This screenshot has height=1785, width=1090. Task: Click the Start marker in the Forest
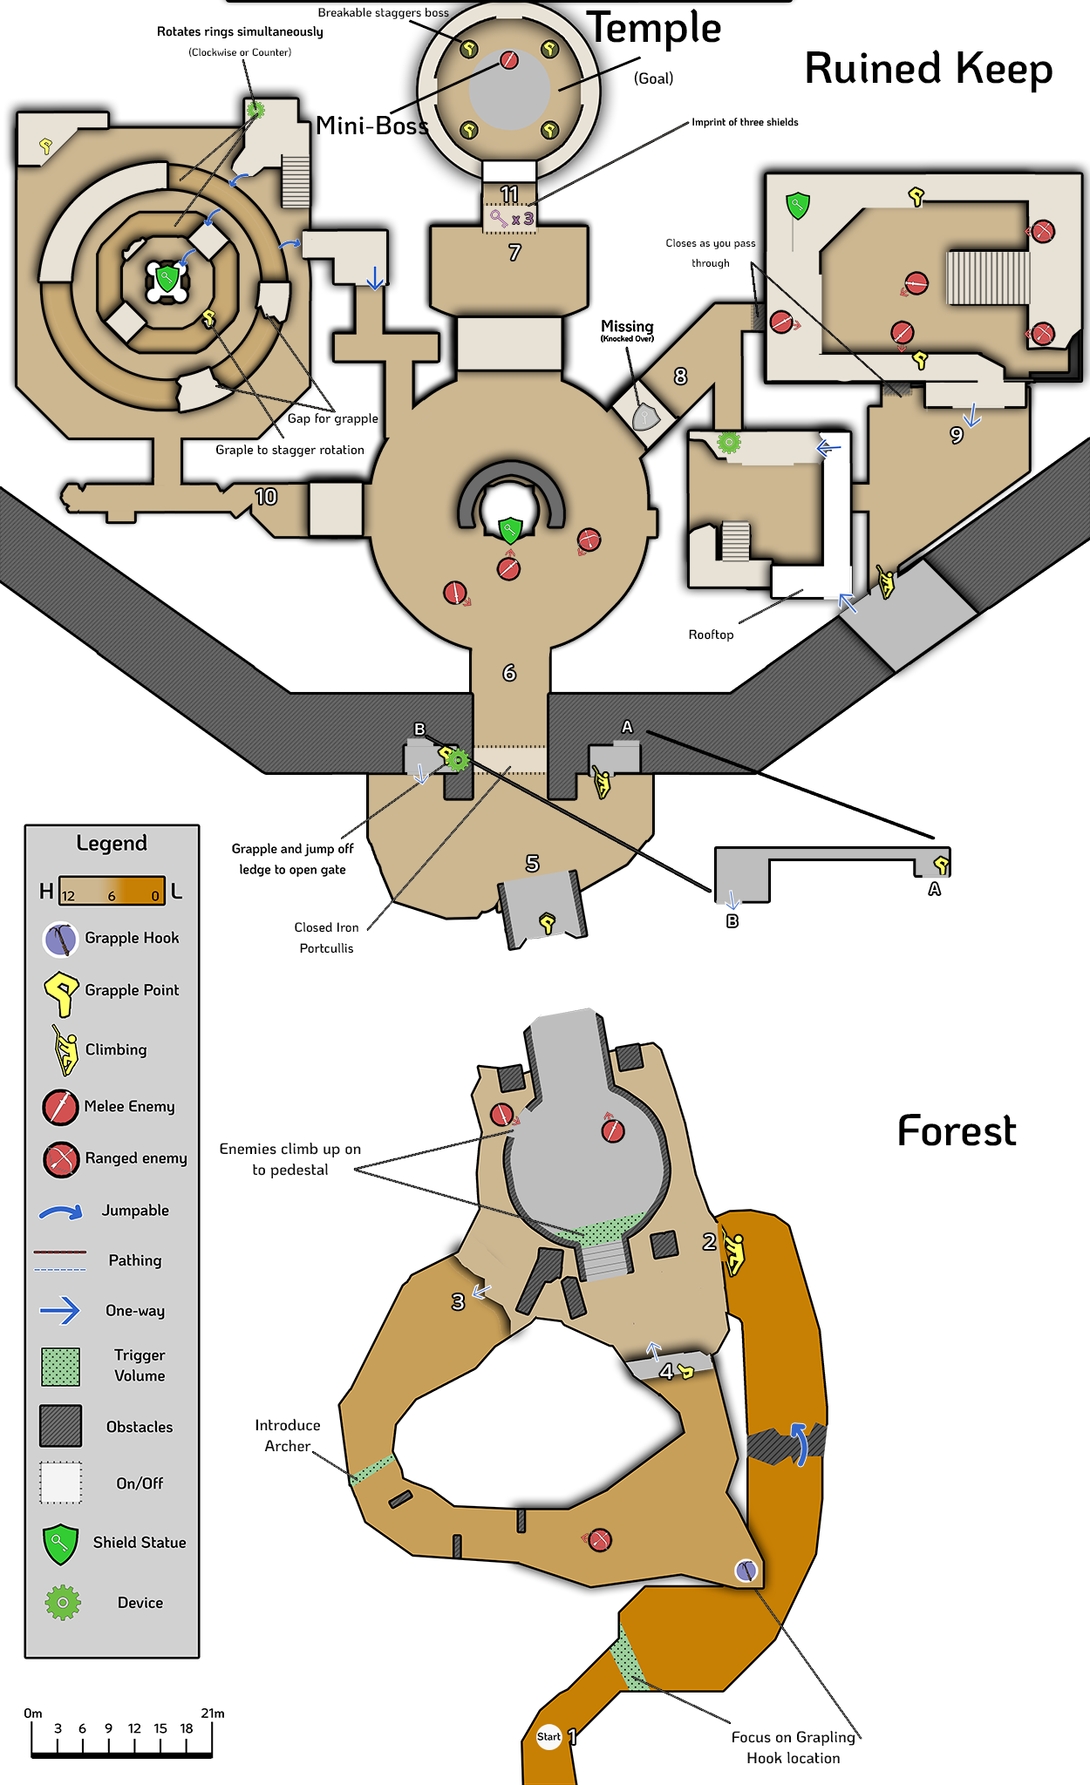click(548, 1736)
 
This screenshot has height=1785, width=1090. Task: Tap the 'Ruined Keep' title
click(928, 69)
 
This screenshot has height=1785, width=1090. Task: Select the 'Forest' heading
click(957, 1131)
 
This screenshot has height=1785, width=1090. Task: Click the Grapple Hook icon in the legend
click(60, 939)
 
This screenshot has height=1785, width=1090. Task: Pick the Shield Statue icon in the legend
click(60, 1544)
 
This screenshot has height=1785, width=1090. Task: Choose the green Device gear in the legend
click(63, 1602)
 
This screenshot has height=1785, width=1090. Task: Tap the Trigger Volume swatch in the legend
click(60, 1366)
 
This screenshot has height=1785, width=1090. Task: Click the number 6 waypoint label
click(509, 673)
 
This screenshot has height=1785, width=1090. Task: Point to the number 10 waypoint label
click(266, 497)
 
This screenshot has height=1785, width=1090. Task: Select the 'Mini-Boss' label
click(372, 126)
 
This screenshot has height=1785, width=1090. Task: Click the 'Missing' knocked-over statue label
click(627, 329)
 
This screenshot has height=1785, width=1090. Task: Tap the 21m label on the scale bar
click(213, 1713)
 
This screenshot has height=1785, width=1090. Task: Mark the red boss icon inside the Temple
click(509, 60)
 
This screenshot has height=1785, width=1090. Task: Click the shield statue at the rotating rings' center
click(167, 279)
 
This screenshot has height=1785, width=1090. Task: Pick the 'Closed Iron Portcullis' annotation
click(326, 938)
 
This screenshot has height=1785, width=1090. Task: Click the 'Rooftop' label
click(711, 635)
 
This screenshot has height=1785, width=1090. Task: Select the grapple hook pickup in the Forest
click(746, 1571)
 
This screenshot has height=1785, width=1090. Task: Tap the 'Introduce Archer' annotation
click(288, 1435)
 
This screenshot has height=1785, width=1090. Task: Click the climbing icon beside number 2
click(735, 1253)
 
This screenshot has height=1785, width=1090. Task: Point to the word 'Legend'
click(112, 843)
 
